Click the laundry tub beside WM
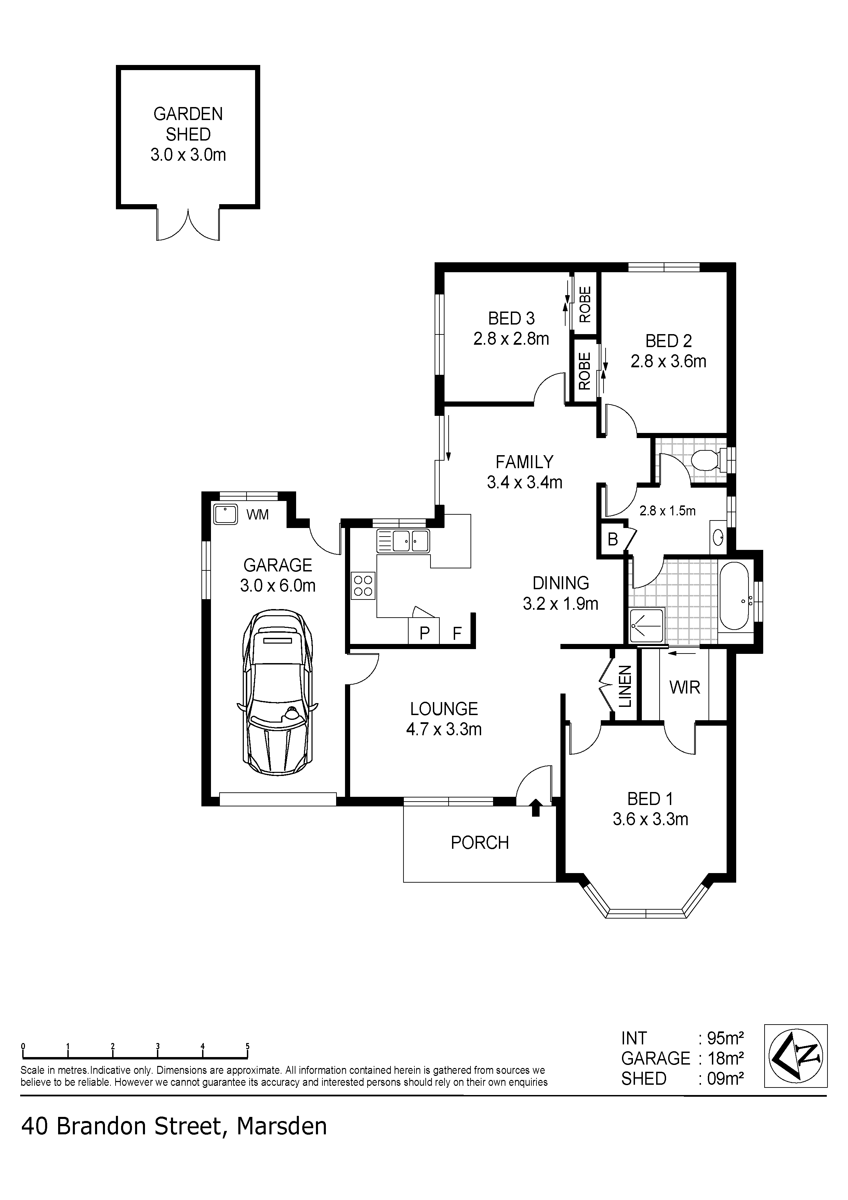(x=226, y=515)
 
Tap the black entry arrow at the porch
(x=535, y=807)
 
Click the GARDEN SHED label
(x=188, y=124)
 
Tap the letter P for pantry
(x=424, y=633)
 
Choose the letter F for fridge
(x=457, y=633)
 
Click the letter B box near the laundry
(x=612, y=539)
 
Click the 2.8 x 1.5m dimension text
(x=667, y=511)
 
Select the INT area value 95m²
(x=725, y=1037)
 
